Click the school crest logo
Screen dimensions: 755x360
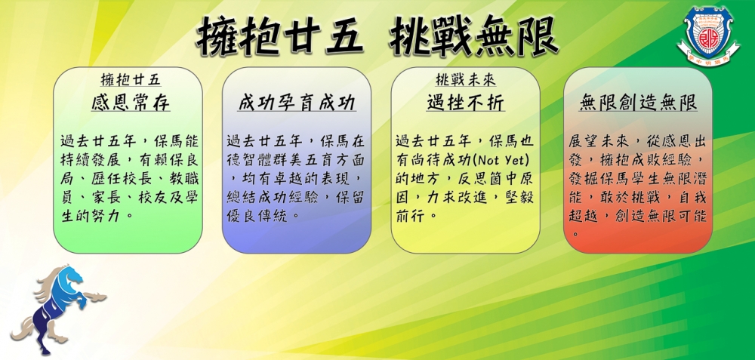(708, 37)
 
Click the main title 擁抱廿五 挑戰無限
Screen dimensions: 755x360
(377, 36)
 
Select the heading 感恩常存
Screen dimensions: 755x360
(131, 103)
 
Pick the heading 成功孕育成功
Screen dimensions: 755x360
(297, 103)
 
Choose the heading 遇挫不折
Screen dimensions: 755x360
(466, 103)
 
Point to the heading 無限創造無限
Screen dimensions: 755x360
(638, 103)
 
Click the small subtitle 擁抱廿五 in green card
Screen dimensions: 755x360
(131, 80)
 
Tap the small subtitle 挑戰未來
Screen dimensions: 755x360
(465, 80)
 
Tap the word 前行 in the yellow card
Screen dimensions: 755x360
(409, 216)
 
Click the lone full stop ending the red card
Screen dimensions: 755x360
(575, 235)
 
